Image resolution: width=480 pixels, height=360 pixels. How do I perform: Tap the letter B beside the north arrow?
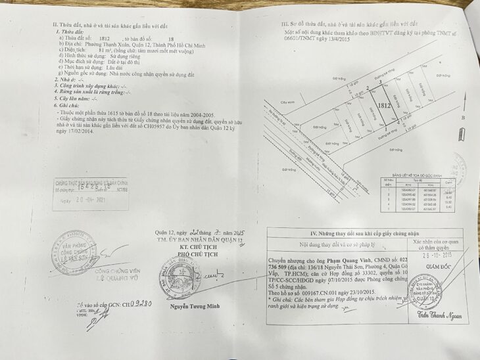point(464,118)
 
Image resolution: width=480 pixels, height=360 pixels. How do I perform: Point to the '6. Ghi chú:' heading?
point(68,105)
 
